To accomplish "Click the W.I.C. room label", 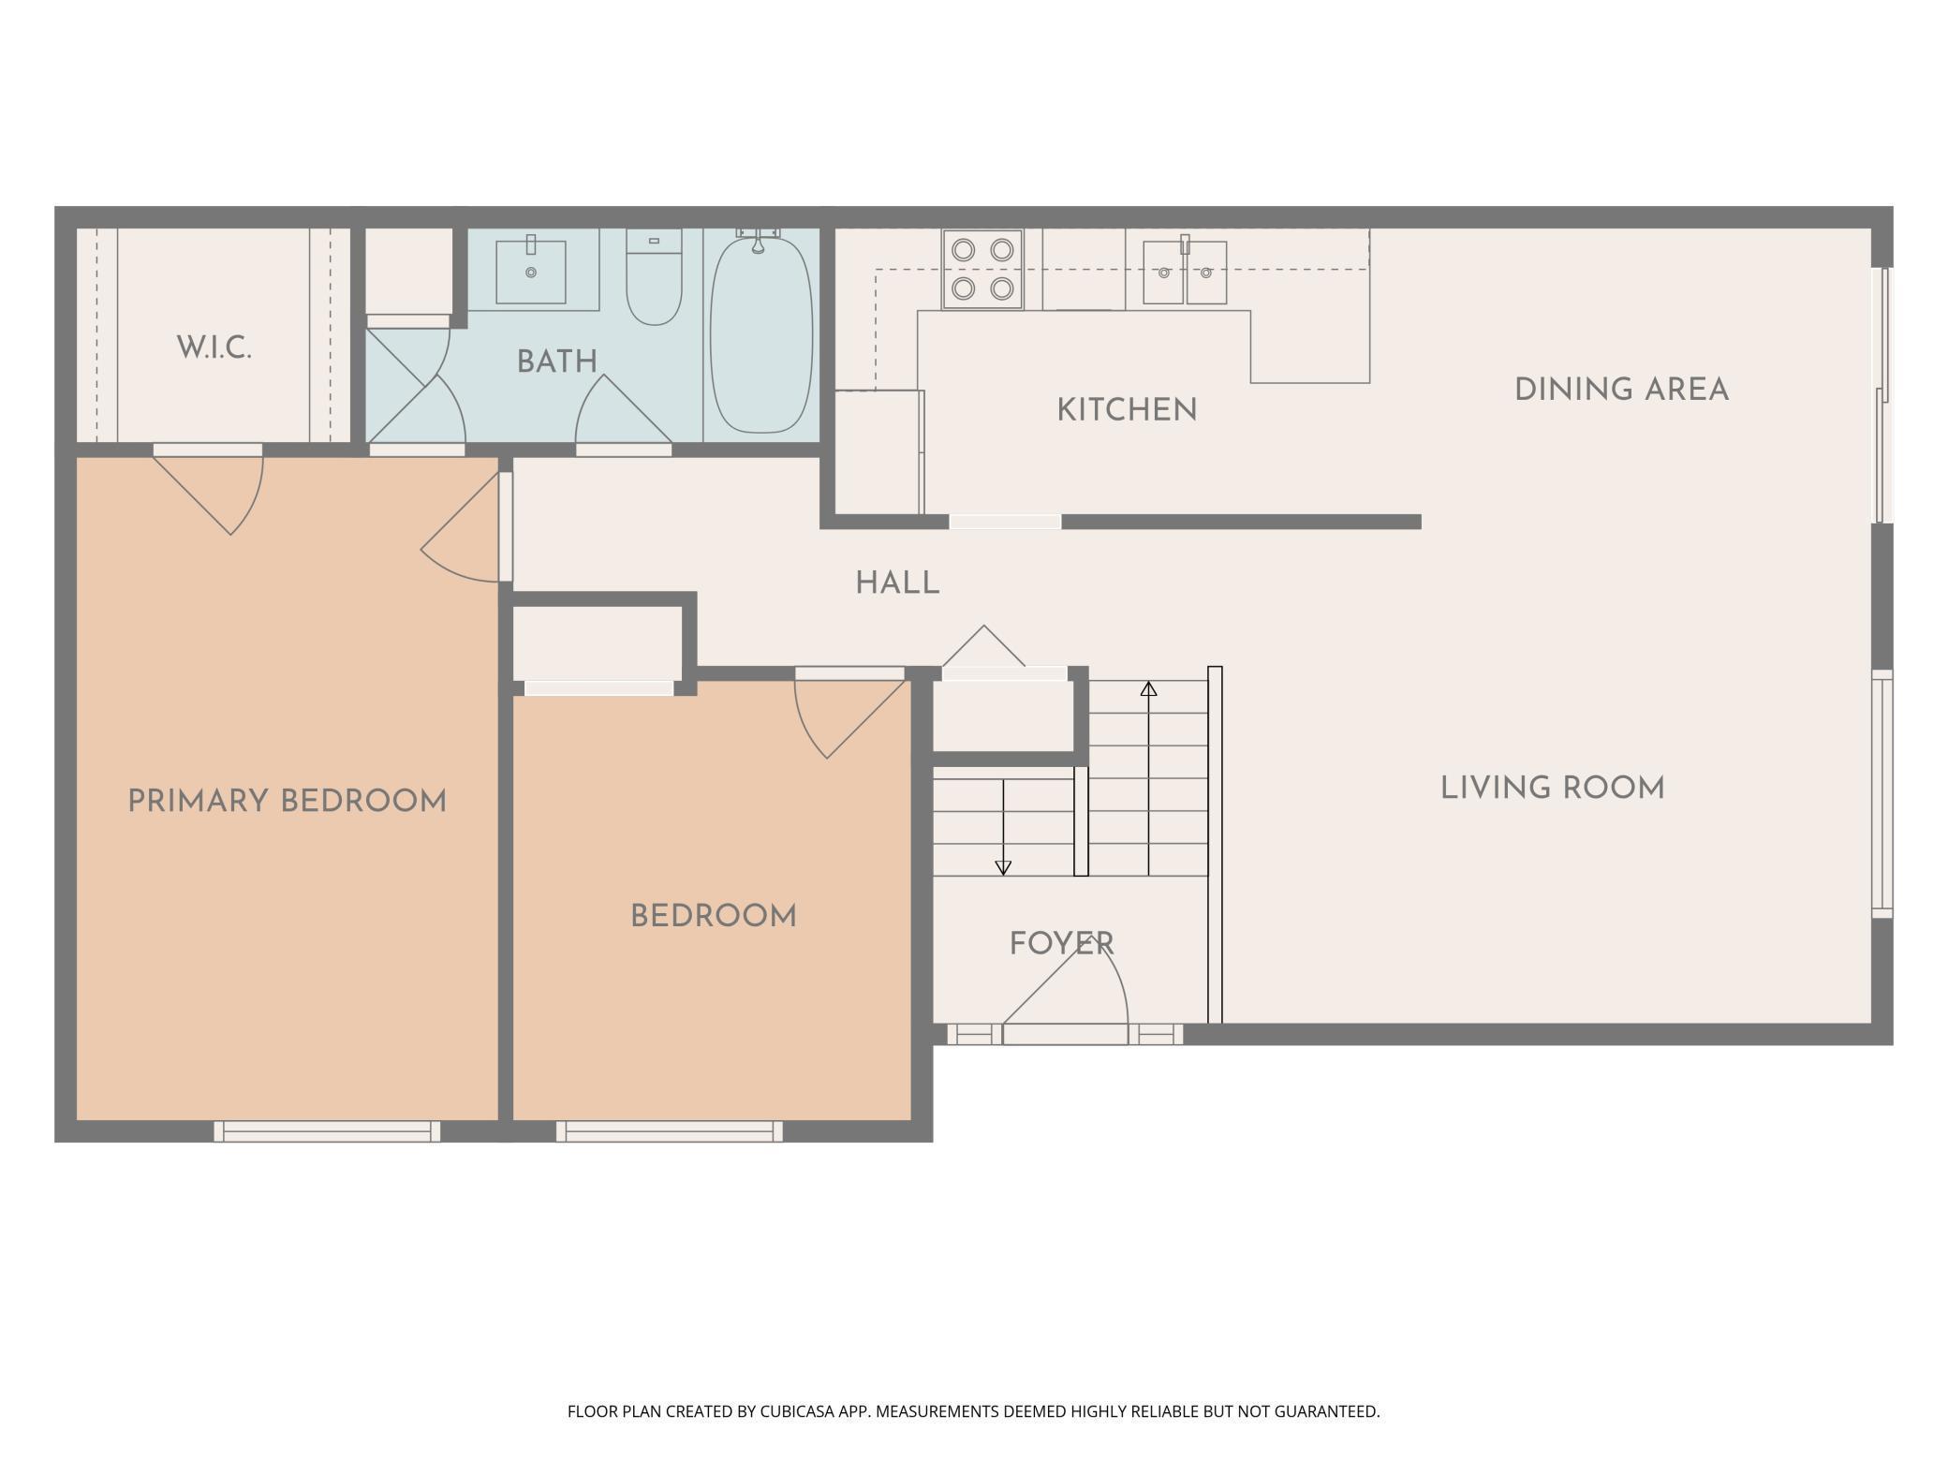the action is (x=214, y=347).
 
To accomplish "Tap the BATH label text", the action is (x=557, y=362).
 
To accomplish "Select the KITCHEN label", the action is (x=1127, y=410).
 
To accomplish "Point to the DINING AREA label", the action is (x=1621, y=390).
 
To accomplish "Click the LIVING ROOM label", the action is (x=1553, y=788).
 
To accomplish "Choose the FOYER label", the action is (x=1062, y=943).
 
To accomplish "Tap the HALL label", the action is (x=897, y=583).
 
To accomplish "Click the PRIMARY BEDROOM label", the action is (x=287, y=802).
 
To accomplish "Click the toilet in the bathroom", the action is (x=654, y=277).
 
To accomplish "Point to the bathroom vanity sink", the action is (x=531, y=272).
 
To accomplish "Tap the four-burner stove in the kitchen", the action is (x=982, y=269).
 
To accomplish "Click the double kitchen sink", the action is (x=1185, y=272).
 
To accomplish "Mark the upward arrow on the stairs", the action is (x=1149, y=778).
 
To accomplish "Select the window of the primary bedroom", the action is (x=327, y=1131).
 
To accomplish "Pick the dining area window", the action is (x=1882, y=394).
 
